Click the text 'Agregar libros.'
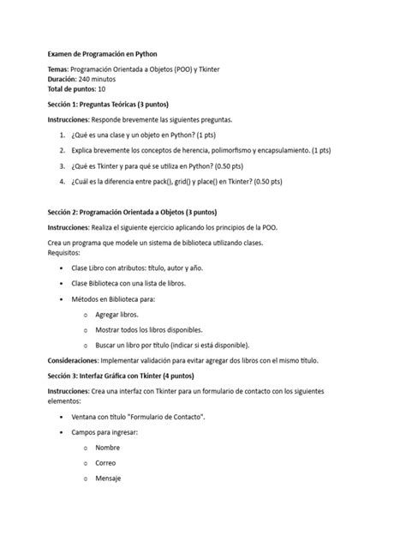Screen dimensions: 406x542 coord(117,315)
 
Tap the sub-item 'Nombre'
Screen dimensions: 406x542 coord(108,448)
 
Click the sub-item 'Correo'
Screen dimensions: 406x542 coord(107,463)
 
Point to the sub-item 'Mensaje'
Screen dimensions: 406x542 coord(109,479)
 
